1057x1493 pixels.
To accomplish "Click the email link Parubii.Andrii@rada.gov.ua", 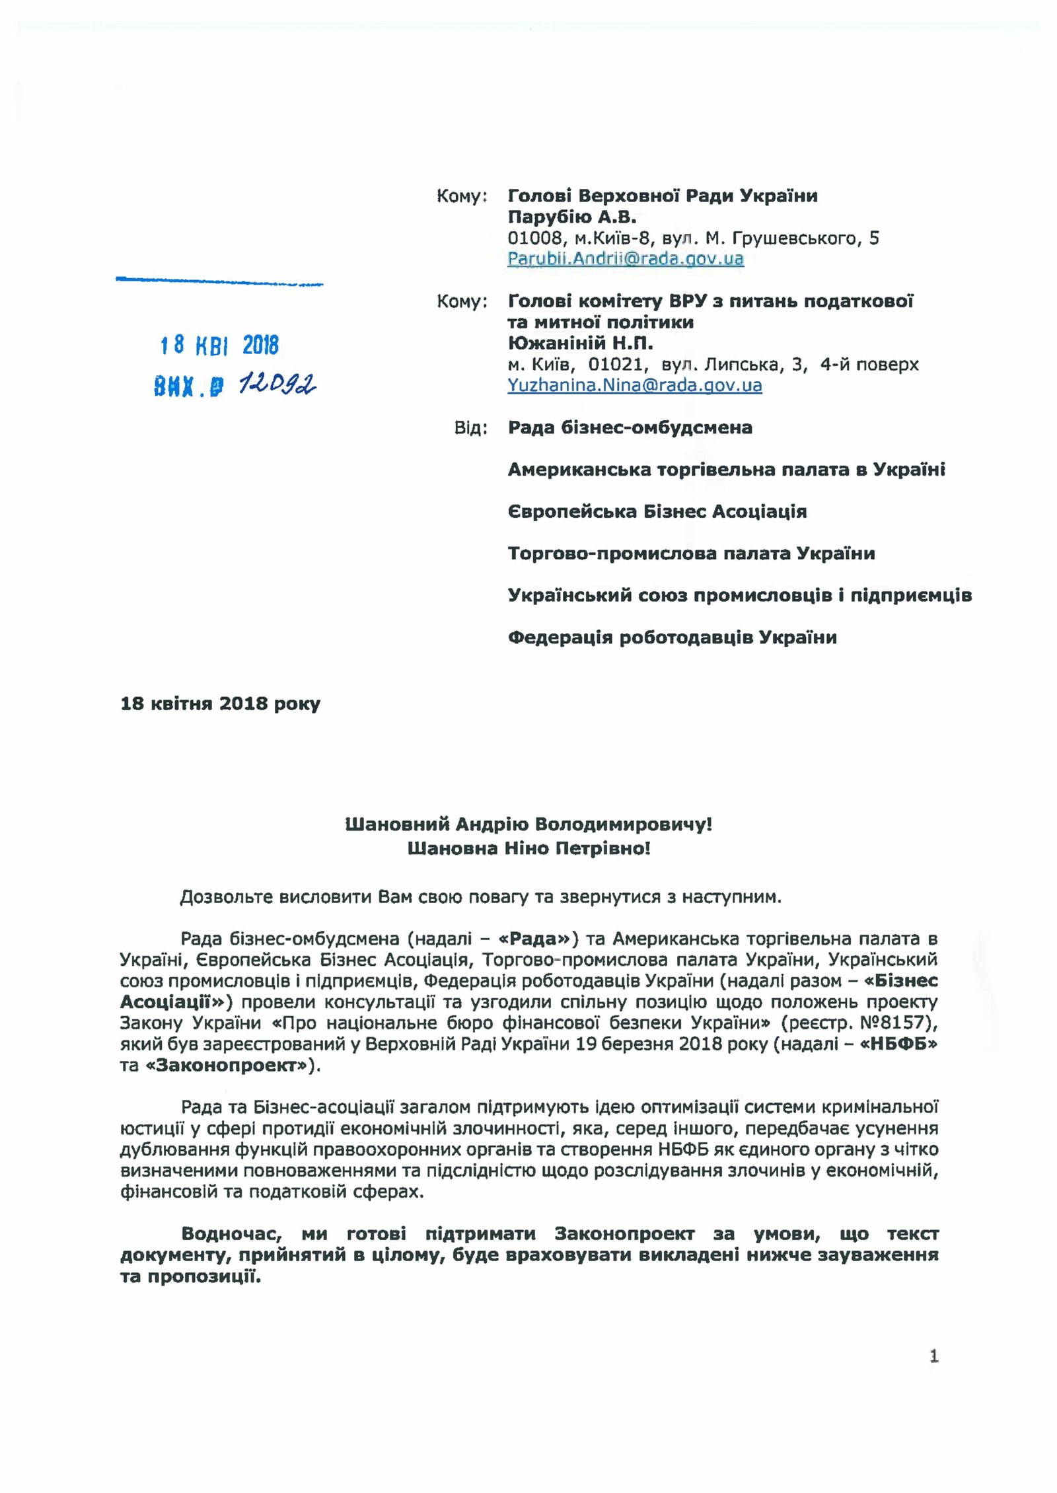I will pyautogui.click(x=625, y=258).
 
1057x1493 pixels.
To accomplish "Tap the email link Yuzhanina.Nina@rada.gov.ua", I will pyautogui.click(x=634, y=385).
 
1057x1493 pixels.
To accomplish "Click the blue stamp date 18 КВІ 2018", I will pyautogui.click(x=219, y=345).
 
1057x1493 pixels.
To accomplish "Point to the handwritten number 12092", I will pyautogui.click(x=277, y=383).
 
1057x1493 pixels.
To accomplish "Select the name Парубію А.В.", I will pyautogui.click(x=571, y=217).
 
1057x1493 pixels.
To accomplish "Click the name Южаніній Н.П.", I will pyautogui.click(x=580, y=343).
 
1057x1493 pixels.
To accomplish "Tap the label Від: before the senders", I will pyautogui.click(x=470, y=428).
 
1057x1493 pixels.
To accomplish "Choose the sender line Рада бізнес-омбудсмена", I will pyautogui.click(x=630, y=427).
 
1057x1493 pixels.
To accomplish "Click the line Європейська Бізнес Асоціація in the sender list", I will pyautogui.click(x=657, y=511).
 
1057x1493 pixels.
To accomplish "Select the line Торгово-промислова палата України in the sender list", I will pyautogui.click(x=691, y=553).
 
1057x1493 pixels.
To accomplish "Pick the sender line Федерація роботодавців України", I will pyautogui.click(x=672, y=637).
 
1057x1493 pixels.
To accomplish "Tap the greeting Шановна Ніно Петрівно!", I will pyautogui.click(x=528, y=848).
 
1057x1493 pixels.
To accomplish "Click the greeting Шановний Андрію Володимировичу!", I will pyautogui.click(x=528, y=824).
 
